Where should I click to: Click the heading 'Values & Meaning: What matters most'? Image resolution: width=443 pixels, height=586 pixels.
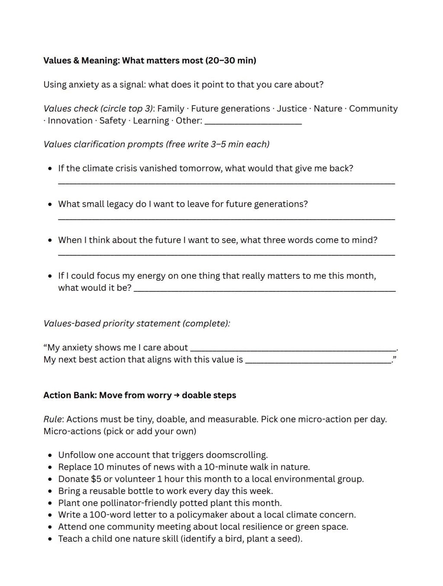149,61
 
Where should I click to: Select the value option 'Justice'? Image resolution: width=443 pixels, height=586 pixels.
292,109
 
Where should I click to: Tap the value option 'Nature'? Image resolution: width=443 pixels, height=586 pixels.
327,109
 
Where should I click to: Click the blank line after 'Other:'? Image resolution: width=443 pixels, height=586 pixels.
253,122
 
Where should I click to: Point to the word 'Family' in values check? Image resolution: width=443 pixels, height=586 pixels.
170,109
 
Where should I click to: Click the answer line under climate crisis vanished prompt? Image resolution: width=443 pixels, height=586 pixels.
226,183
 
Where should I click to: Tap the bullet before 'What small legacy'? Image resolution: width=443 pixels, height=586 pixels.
50,204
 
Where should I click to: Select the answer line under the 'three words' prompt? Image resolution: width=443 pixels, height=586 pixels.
226,255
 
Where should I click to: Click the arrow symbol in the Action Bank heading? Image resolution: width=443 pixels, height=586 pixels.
177,395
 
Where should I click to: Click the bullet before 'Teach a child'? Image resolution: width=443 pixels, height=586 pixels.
50,539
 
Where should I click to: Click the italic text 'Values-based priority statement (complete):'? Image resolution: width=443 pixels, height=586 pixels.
137,323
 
